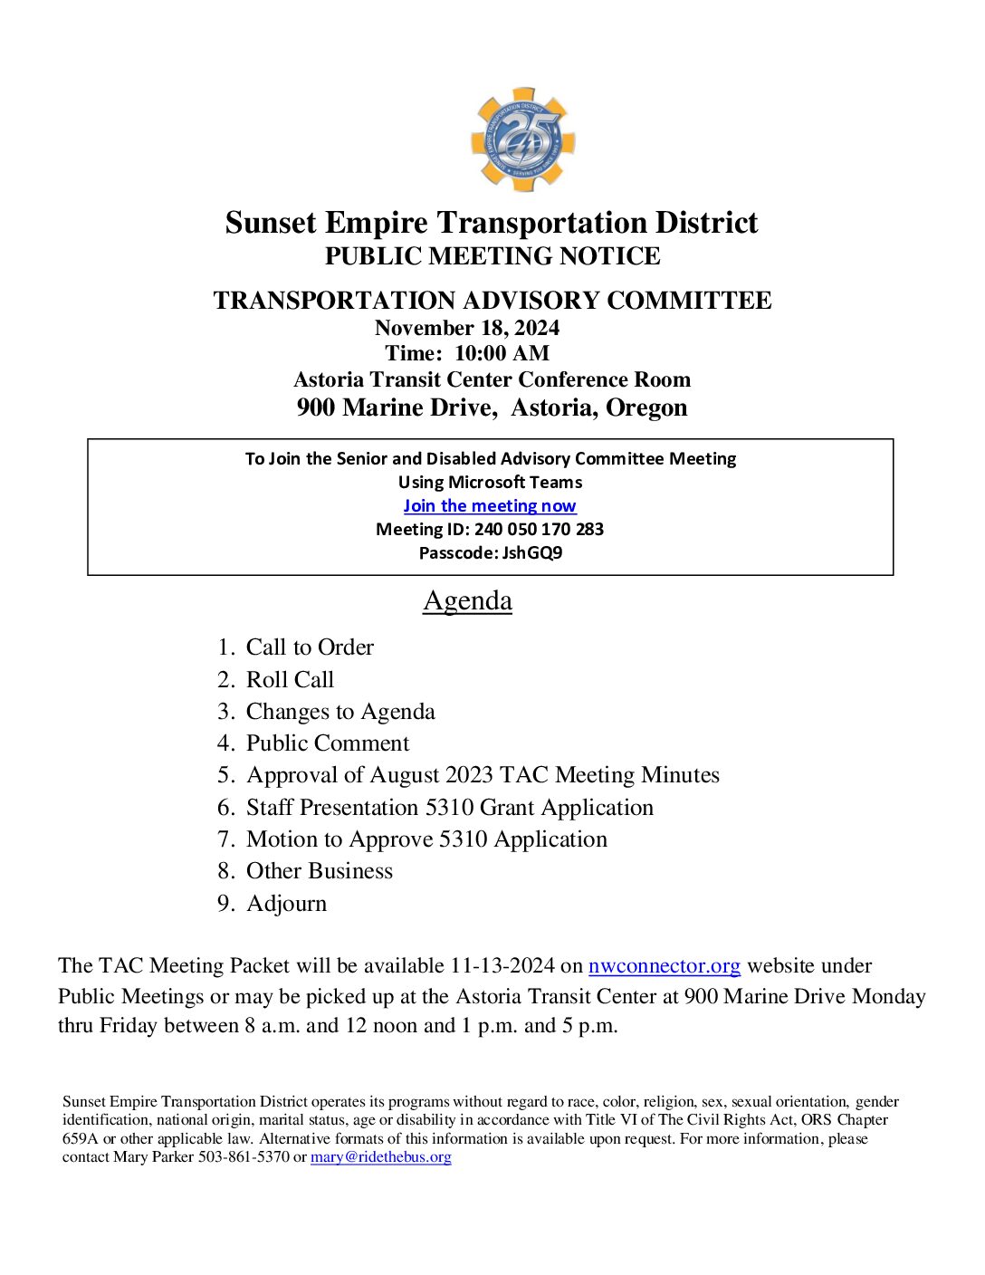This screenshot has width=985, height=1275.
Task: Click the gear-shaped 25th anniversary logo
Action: point(522,139)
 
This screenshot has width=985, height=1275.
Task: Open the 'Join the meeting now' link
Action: point(490,506)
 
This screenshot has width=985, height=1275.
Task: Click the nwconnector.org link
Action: point(664,966)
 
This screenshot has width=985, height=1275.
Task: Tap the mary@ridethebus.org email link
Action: point(380,1157)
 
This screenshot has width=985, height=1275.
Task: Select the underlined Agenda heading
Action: point(467,601)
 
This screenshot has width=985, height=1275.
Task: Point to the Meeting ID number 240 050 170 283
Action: point(539,530)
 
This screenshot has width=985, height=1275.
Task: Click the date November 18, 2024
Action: point(467,328)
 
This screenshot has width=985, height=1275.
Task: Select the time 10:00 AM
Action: point(502,353)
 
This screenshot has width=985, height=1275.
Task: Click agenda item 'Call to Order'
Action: point(310,647)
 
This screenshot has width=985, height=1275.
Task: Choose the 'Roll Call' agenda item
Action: point(290,680)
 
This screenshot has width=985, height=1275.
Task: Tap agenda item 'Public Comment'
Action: point(328,743)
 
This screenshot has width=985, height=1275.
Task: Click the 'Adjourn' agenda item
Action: point(286,904)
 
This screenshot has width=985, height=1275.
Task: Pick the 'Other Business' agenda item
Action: point(320,871)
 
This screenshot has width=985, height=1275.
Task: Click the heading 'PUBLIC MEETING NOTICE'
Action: point(492,256)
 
